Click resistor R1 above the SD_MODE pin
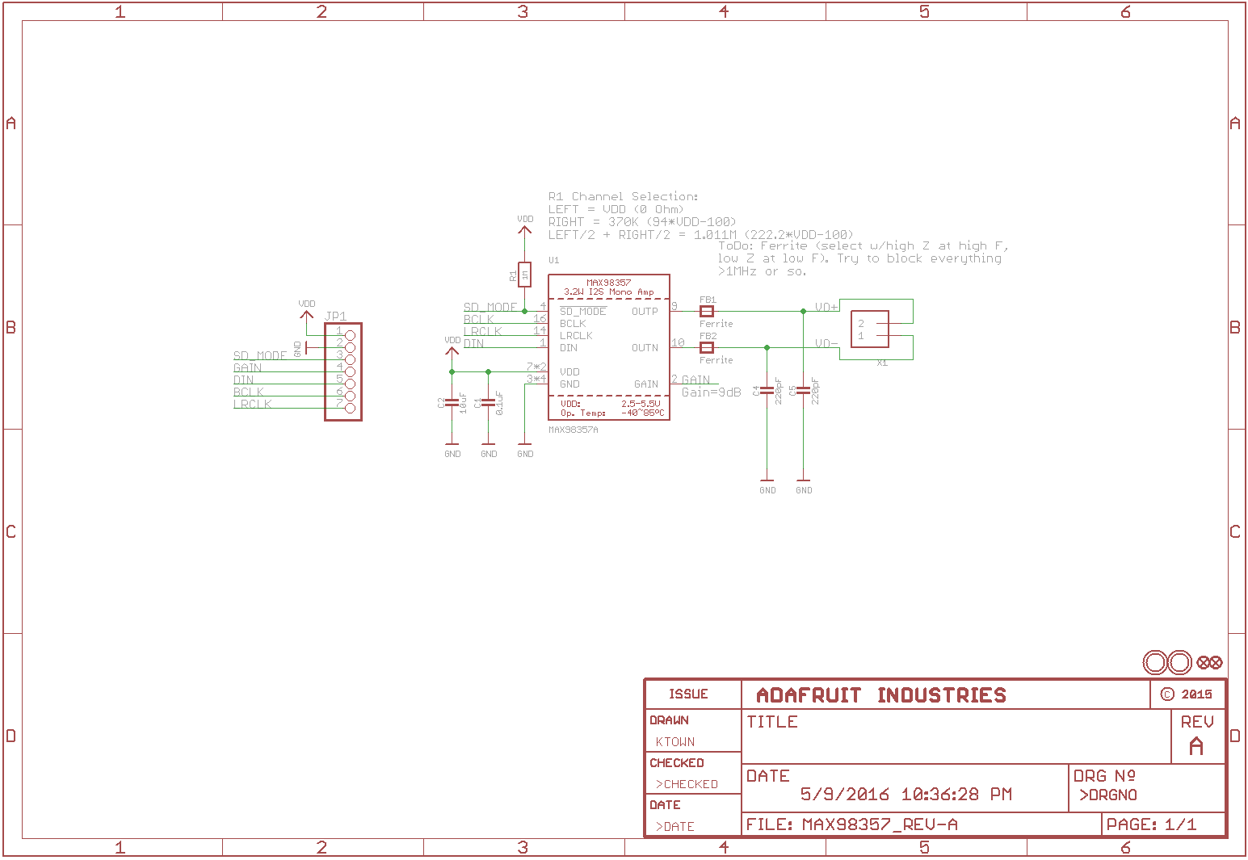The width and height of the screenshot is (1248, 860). pos(524,275)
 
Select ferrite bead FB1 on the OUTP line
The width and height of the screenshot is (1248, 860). pos(707,311)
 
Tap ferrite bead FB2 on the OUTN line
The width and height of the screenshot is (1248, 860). pos(707,347)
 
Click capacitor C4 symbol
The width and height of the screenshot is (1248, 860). pos(767,391)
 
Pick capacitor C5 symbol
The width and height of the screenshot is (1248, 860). pos(803,391)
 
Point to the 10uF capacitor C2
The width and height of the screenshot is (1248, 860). pos(452,402)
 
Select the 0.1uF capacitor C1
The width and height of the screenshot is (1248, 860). pos(488,402)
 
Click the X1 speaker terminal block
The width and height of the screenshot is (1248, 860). pos(870,329)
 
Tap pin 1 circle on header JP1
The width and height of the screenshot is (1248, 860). pos(350,335)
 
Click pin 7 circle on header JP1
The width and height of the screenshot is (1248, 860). pos(350,408)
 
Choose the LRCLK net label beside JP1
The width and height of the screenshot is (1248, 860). pos(253,404)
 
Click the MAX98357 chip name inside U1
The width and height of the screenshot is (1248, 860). pos(608,283)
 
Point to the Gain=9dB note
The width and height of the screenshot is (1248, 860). pos(711,392)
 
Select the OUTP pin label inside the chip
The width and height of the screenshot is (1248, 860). pos(645,311)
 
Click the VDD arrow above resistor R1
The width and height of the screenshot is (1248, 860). pos(524,230)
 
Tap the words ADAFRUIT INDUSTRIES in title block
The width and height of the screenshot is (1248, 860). pos(881,695)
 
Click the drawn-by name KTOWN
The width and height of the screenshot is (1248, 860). pos(675,741)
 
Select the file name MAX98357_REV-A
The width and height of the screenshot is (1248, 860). pos(879,824)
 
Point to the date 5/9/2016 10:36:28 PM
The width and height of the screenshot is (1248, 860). pos(906,794)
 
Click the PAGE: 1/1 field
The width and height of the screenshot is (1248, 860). pos(1152,824)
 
